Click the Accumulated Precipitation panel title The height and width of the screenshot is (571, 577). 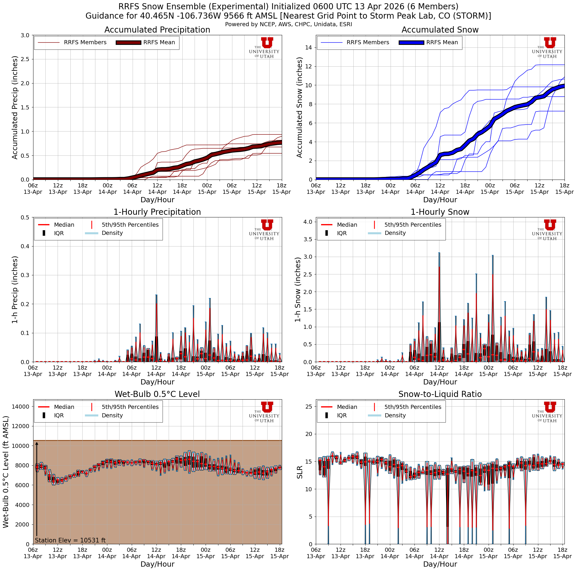pyautogui.click(x=157, y=30)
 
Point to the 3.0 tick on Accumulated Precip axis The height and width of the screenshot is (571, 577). pyautogui.click(x=25, y=35)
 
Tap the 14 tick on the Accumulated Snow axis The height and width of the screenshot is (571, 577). pyautogui.click(x=309, y=47)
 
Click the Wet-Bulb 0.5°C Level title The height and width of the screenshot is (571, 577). pyautogui.click(x=157, y=394)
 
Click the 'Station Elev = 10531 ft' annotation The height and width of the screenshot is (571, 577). pyautogui.click(x=70, y=540)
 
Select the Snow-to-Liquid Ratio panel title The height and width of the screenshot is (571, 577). pyautogui.click(x=440, y=394)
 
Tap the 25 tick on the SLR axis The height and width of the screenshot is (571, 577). pyautogui.click(x=309, y=406)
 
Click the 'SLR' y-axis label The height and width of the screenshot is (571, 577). pyautogui.click(x=300, y=472)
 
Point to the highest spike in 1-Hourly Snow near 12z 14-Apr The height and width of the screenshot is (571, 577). pyautogui.click(x=439, y=253)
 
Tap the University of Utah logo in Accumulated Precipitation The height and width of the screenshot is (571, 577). pyautogui.click(x=264, y=48)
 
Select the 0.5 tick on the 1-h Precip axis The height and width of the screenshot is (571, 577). pyautogui.click(x=25, y=217)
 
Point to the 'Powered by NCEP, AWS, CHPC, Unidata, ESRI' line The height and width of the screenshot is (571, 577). pyautogui.click(x=288, y=24)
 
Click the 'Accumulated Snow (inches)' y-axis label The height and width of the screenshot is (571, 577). pyautogui.click(x=300, y=107)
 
